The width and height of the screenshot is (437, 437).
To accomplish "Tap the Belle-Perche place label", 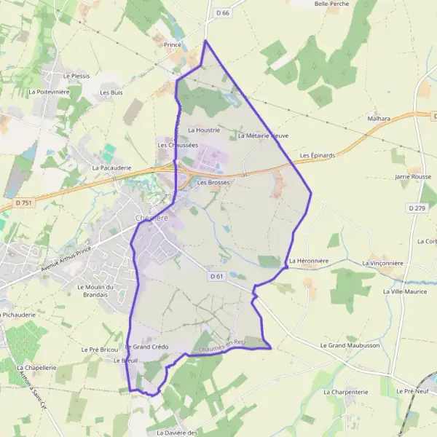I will point(331,4).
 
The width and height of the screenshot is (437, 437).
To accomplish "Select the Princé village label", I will point(173,44).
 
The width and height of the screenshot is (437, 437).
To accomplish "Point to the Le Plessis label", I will point(76,76).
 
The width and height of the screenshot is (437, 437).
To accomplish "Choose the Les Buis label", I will point(111,92).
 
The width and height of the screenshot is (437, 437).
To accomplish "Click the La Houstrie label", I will point(203,130).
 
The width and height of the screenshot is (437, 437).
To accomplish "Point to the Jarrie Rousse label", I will point(413,177).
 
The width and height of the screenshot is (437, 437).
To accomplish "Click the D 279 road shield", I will point(417,208).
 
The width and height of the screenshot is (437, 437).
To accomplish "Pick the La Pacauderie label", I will point(111,168).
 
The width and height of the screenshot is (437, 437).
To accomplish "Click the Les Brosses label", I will point(213,182).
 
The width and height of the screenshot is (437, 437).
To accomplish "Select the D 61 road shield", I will point(216,276).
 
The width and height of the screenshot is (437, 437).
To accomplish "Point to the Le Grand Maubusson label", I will point(350,345).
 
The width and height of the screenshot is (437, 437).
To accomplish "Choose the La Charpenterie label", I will point(345,392).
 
